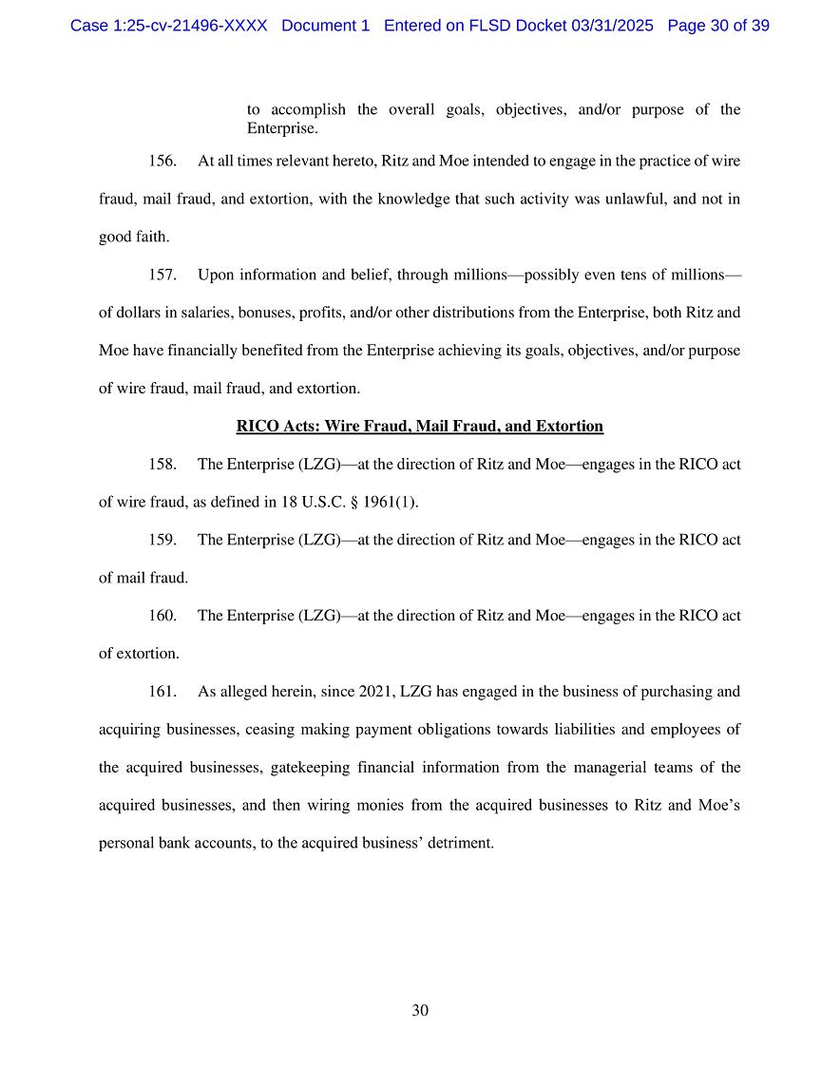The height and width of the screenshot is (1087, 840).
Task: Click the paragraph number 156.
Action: tap(162, 162)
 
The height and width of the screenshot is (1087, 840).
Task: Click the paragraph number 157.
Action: tap(162, 276)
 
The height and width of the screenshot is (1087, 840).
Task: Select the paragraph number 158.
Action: tap(162, 465)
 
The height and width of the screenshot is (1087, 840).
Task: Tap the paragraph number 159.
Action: tap(162, 540)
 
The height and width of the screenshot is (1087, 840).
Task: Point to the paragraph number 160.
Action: tap(162, 616)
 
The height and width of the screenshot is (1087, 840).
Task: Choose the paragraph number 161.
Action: tap(162, 692)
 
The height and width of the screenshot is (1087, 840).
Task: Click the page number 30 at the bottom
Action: tap(420, 1011)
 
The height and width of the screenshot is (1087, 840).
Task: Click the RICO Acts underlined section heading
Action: tap(419, 427)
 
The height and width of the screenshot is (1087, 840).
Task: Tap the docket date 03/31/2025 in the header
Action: tap(613, 26)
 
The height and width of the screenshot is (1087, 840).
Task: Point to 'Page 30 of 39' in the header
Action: tap(718, 26)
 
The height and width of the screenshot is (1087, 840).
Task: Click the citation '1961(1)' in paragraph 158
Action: tap(391, 503)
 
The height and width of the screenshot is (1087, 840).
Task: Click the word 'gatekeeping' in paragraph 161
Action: tap(307, 768)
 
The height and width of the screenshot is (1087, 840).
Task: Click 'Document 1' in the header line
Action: tap(325, 26)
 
